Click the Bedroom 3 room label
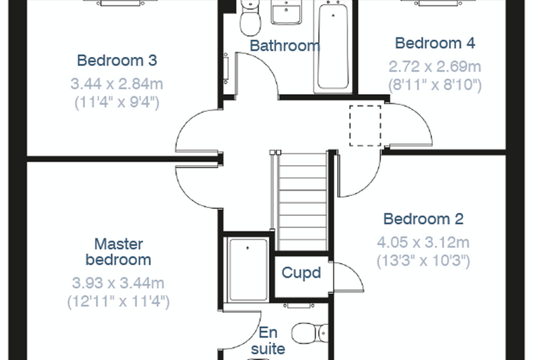[117, 60]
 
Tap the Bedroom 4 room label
[435, 44]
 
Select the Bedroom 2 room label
[423, 219]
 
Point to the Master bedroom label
[118, 252]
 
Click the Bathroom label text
[285, 46]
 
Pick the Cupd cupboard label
[301, 273]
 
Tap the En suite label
[268, 340]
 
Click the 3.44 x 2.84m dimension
[117, 84]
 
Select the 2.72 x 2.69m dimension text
[435, 67]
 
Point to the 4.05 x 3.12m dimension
[423, 243]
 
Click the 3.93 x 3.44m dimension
[118, 283]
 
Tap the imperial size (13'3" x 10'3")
[423, 261]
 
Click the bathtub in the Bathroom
[333, 46]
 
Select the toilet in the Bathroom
[250, 18]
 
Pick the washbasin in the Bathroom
[287, 12]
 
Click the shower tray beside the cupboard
[248, 269]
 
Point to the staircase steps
[302, 202]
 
